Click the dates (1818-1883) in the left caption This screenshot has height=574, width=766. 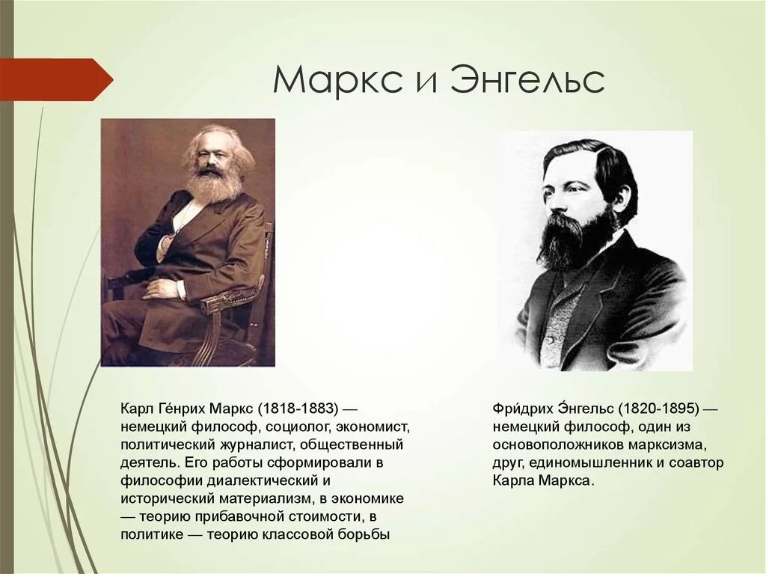click(298, 409)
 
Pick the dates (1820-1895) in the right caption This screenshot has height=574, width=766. click(658, 409)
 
